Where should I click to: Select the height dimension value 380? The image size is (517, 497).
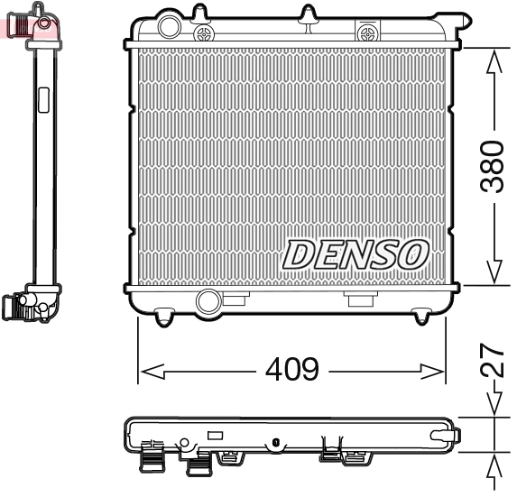point(492,166)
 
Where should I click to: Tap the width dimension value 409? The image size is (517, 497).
point(291,370)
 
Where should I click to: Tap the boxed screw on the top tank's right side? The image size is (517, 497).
point(366,32)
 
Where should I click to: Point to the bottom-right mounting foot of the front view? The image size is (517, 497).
point(421,316)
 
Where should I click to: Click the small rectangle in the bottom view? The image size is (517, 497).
point(215,435)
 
